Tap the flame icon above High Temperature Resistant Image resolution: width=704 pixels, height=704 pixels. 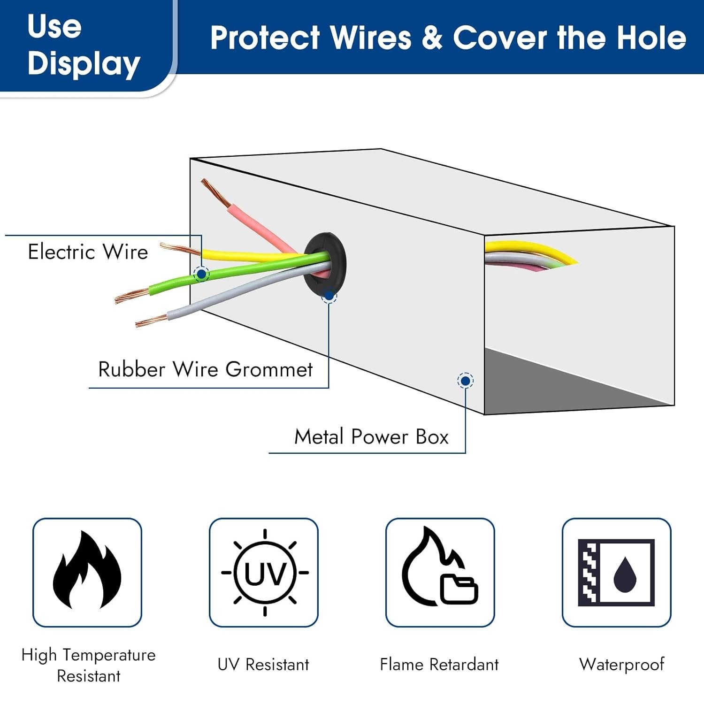[87, 570]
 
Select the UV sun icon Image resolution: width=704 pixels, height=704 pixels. [265, 572]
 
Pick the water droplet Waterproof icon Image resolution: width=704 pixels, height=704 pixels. [616, 572]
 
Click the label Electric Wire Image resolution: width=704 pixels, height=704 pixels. [88, 252]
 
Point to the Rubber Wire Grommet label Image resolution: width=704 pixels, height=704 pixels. [205, 369]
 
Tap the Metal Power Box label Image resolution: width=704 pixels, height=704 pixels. [371, 436]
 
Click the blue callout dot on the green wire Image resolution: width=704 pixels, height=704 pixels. [201, 273]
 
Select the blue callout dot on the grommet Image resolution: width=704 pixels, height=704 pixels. [329, 296]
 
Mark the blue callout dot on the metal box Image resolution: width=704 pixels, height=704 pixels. [465, 381]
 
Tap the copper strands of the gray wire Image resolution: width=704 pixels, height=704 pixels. [151, 321]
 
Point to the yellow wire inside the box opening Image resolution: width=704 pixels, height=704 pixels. [530, 249]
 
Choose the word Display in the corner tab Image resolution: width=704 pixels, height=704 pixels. [84, 64]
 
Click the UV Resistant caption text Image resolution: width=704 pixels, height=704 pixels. [263, 665]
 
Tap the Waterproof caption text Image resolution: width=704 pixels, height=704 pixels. [621, 665]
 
